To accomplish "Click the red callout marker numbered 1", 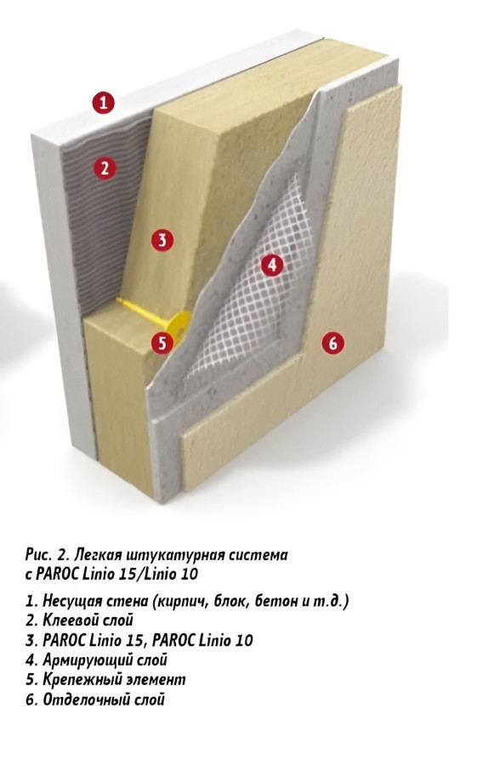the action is (x=104, y=103).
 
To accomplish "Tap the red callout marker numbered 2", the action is (x=105, y=168).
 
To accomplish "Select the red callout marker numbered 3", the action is (x=162, y=240).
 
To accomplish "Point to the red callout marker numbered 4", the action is (x=272, y=265).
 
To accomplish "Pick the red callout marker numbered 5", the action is (x=162, y=343).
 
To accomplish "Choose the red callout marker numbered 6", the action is (x=333, y=343).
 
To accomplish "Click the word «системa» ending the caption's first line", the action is (x=258, y=555).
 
